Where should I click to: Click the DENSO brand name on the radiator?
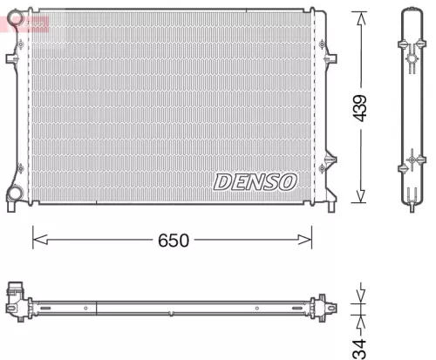coord(255,180)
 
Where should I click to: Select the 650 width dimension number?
coord(174,238)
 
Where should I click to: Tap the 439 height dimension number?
coord(360,106)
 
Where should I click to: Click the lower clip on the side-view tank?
coord(412,163)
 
